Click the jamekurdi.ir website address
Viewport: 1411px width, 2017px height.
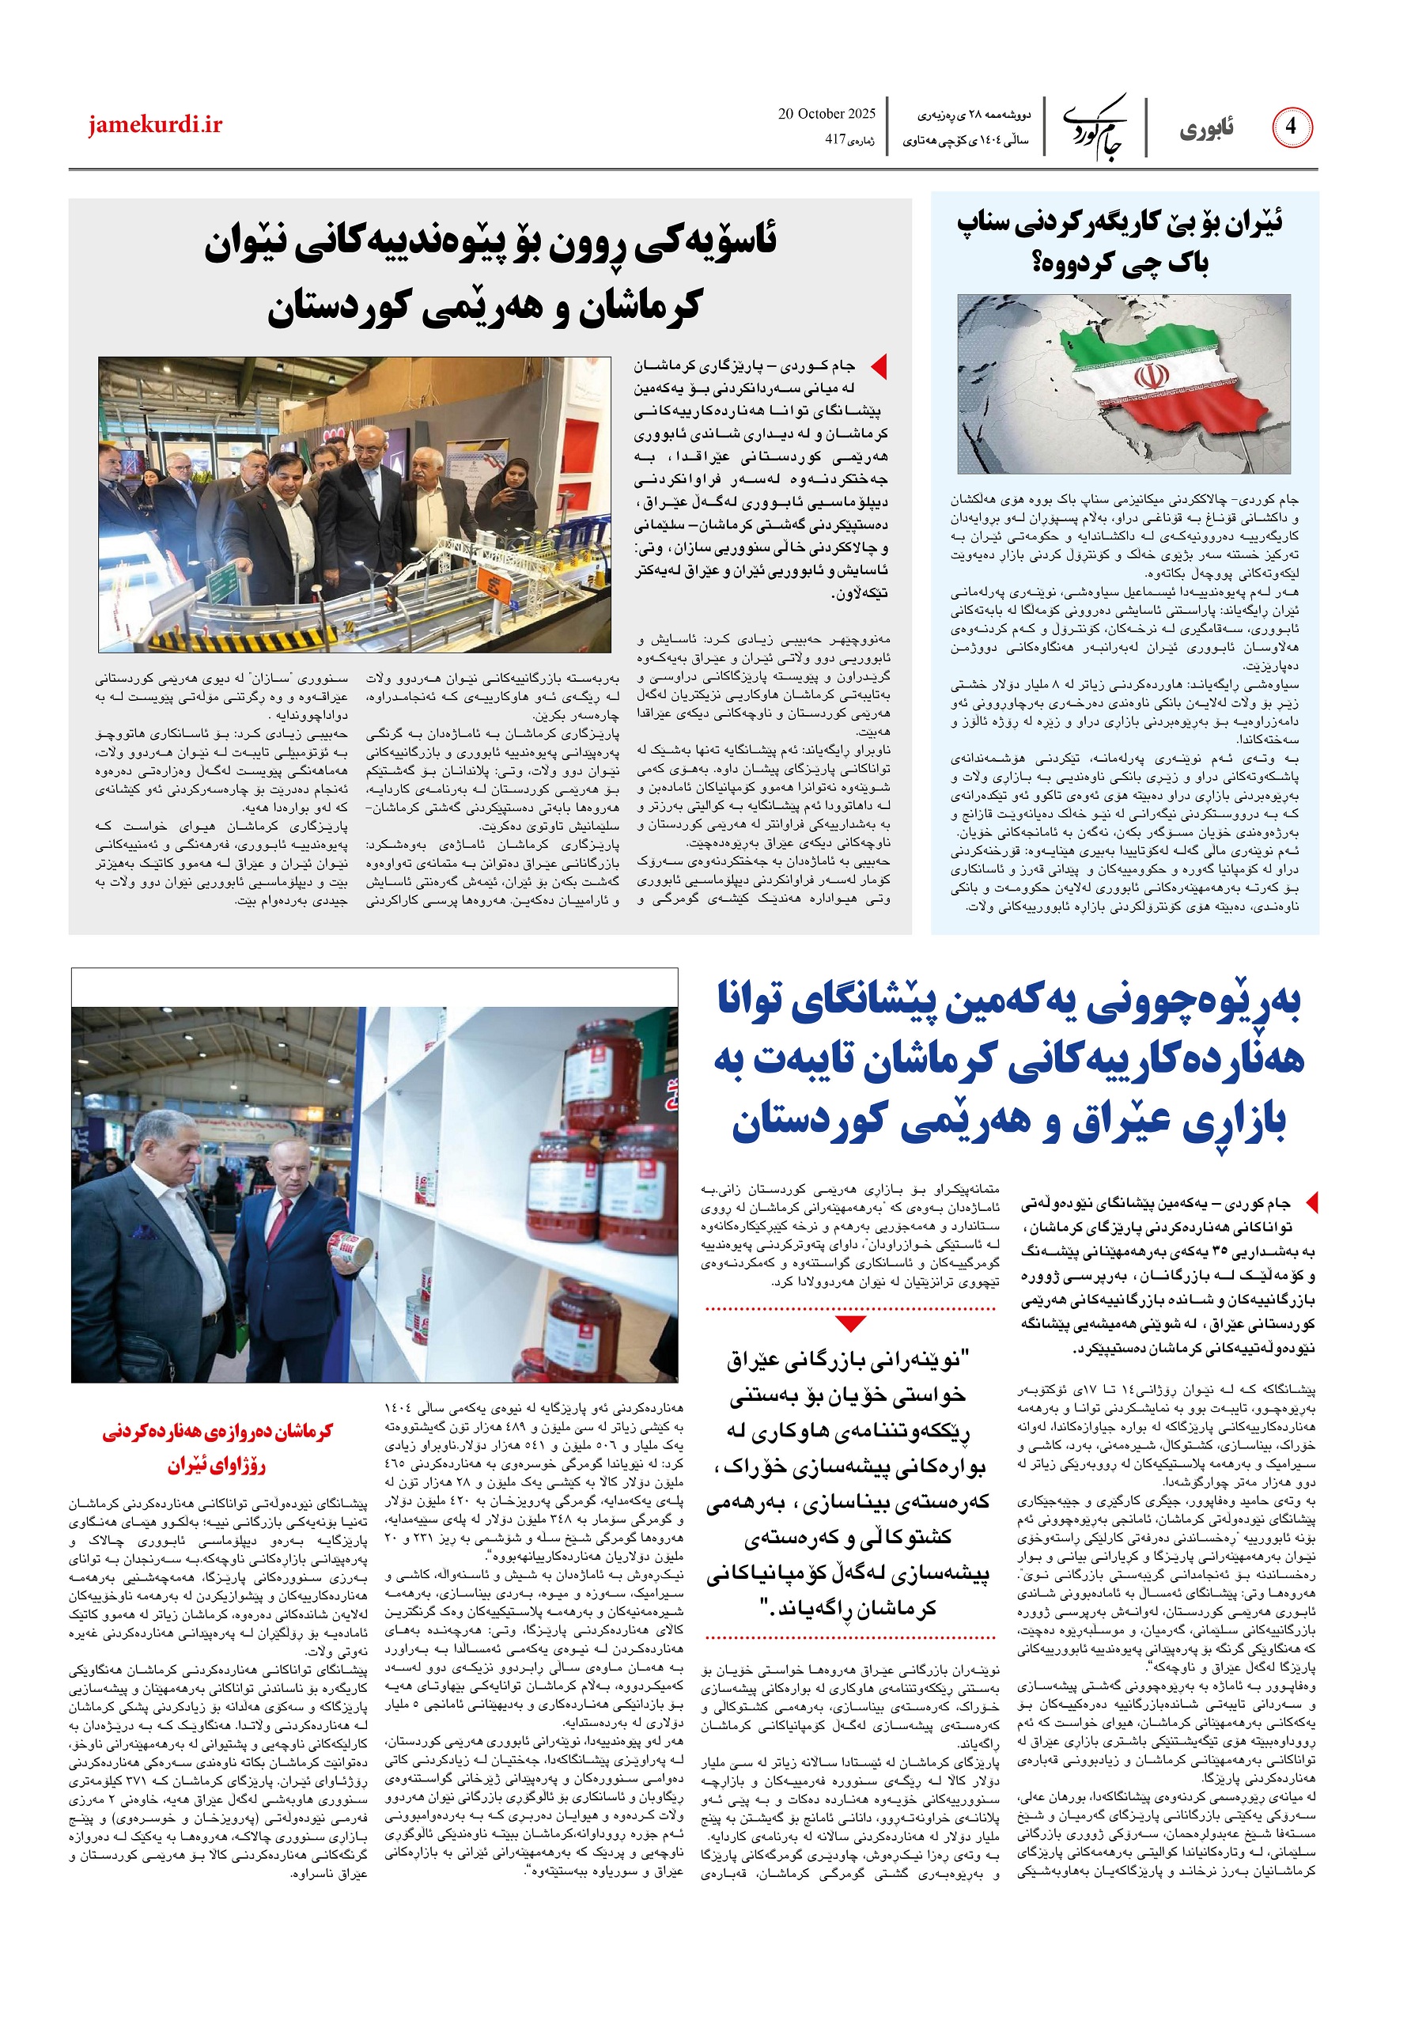coord(155,126)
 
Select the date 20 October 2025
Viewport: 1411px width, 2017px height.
coord(827,114)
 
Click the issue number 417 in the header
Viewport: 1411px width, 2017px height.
coord(840,138)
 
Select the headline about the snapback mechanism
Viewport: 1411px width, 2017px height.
coord(1120,241)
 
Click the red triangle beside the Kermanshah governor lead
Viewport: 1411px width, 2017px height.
coord(878,366)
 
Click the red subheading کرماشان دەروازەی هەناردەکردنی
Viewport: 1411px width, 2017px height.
coord(218,1431)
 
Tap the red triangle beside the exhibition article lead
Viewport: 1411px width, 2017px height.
coord(1311,1201)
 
